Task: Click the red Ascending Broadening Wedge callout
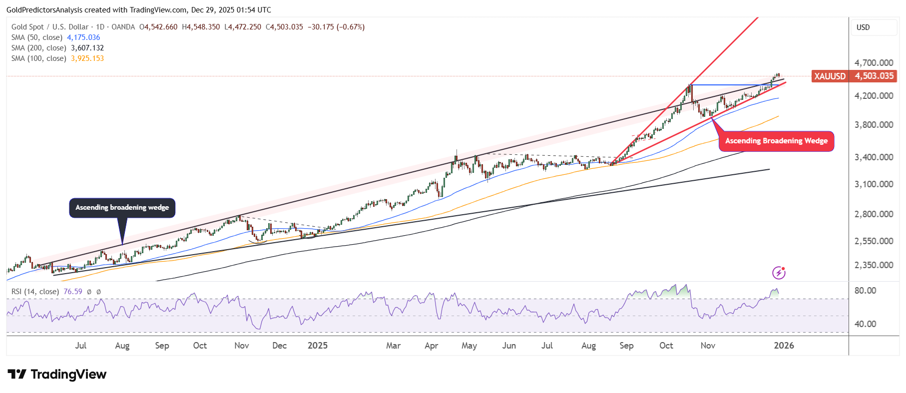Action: coord(776,141)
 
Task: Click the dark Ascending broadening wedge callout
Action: coord(122,208)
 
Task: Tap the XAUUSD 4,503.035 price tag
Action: coord(854,76)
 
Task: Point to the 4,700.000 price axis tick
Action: coord(874,63)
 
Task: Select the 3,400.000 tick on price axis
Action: coord(874,157)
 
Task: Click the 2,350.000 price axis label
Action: coord(874,265)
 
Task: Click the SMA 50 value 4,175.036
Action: coord(83,37)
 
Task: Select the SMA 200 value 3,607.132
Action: coord(87,48)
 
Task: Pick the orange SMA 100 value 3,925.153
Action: coord(87,58)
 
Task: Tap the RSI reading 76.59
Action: coord(73,292)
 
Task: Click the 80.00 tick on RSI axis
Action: coord(865,291)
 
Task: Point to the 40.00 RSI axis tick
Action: coord(865,324)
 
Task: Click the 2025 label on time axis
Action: coord(318,346)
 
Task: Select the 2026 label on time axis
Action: coord(784,346)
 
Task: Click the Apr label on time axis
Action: coord(431,346)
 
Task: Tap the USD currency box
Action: coord(874,27)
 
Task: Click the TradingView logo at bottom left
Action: coord(57,375)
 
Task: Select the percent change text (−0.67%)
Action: coord(351,27)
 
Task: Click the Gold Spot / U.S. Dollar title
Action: coord(50,27)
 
